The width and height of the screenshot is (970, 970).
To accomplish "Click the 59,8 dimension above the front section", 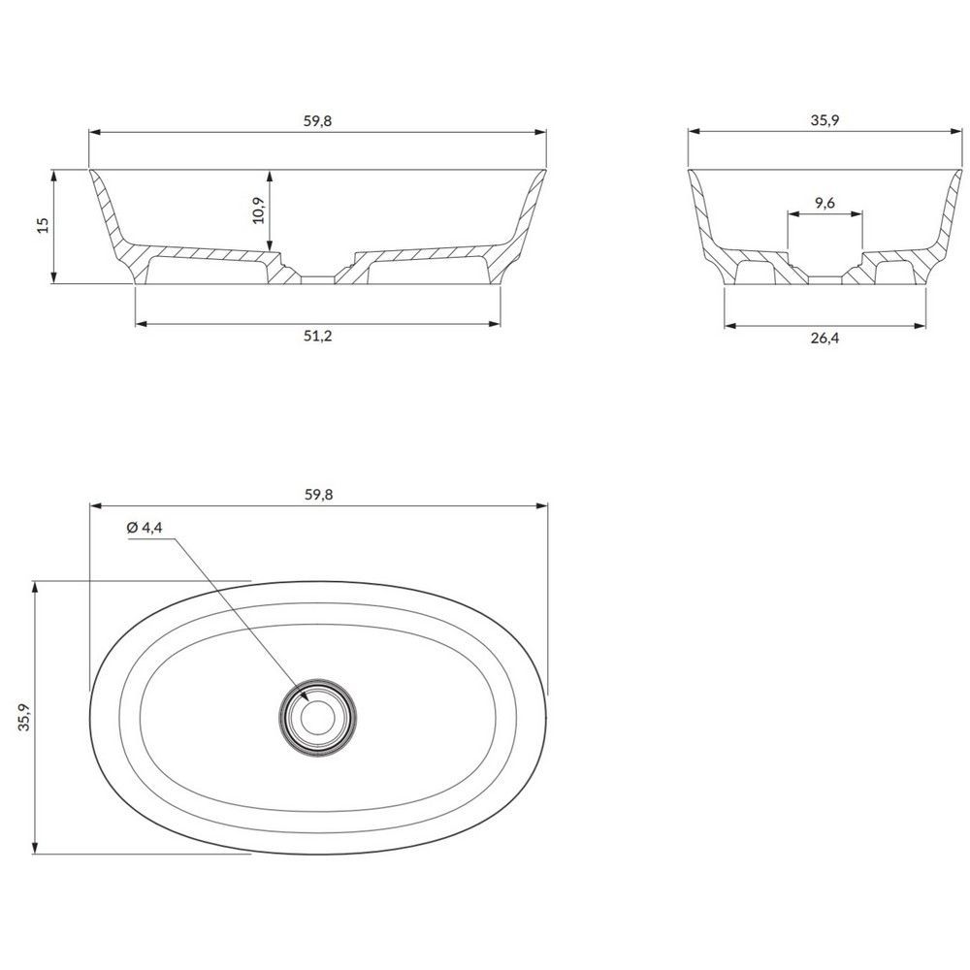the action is [317, 120].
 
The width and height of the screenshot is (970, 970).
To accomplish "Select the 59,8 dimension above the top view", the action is [318, 495].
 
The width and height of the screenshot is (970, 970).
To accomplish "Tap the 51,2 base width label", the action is [318, 336].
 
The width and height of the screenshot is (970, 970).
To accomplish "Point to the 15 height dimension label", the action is [43, 225].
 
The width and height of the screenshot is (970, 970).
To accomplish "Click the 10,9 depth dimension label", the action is [259, 210].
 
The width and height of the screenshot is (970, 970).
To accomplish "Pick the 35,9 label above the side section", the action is [824, 120].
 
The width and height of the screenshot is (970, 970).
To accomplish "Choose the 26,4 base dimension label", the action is [825, 338].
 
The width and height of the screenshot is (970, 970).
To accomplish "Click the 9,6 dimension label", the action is [824, 203].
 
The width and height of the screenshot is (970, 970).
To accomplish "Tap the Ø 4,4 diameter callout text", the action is [145, 527].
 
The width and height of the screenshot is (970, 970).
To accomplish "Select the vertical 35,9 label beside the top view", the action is [24, 717].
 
